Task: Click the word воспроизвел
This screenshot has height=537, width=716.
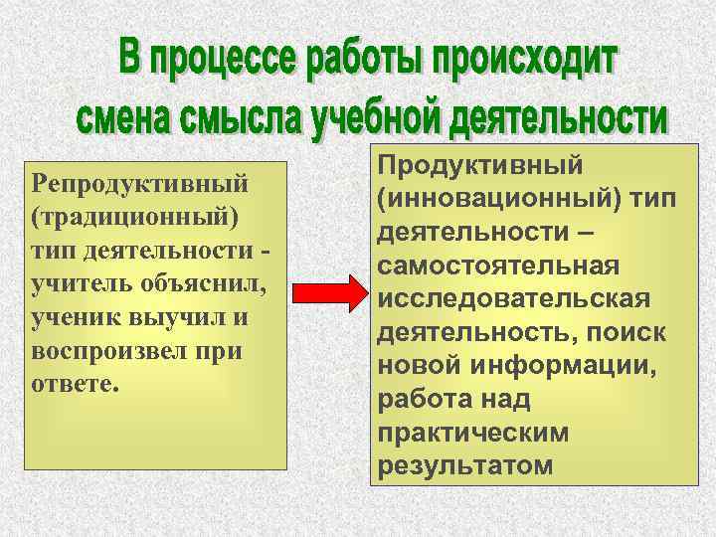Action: [x=113, y=354]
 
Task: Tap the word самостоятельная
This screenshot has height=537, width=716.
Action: [x=498, y=268]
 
